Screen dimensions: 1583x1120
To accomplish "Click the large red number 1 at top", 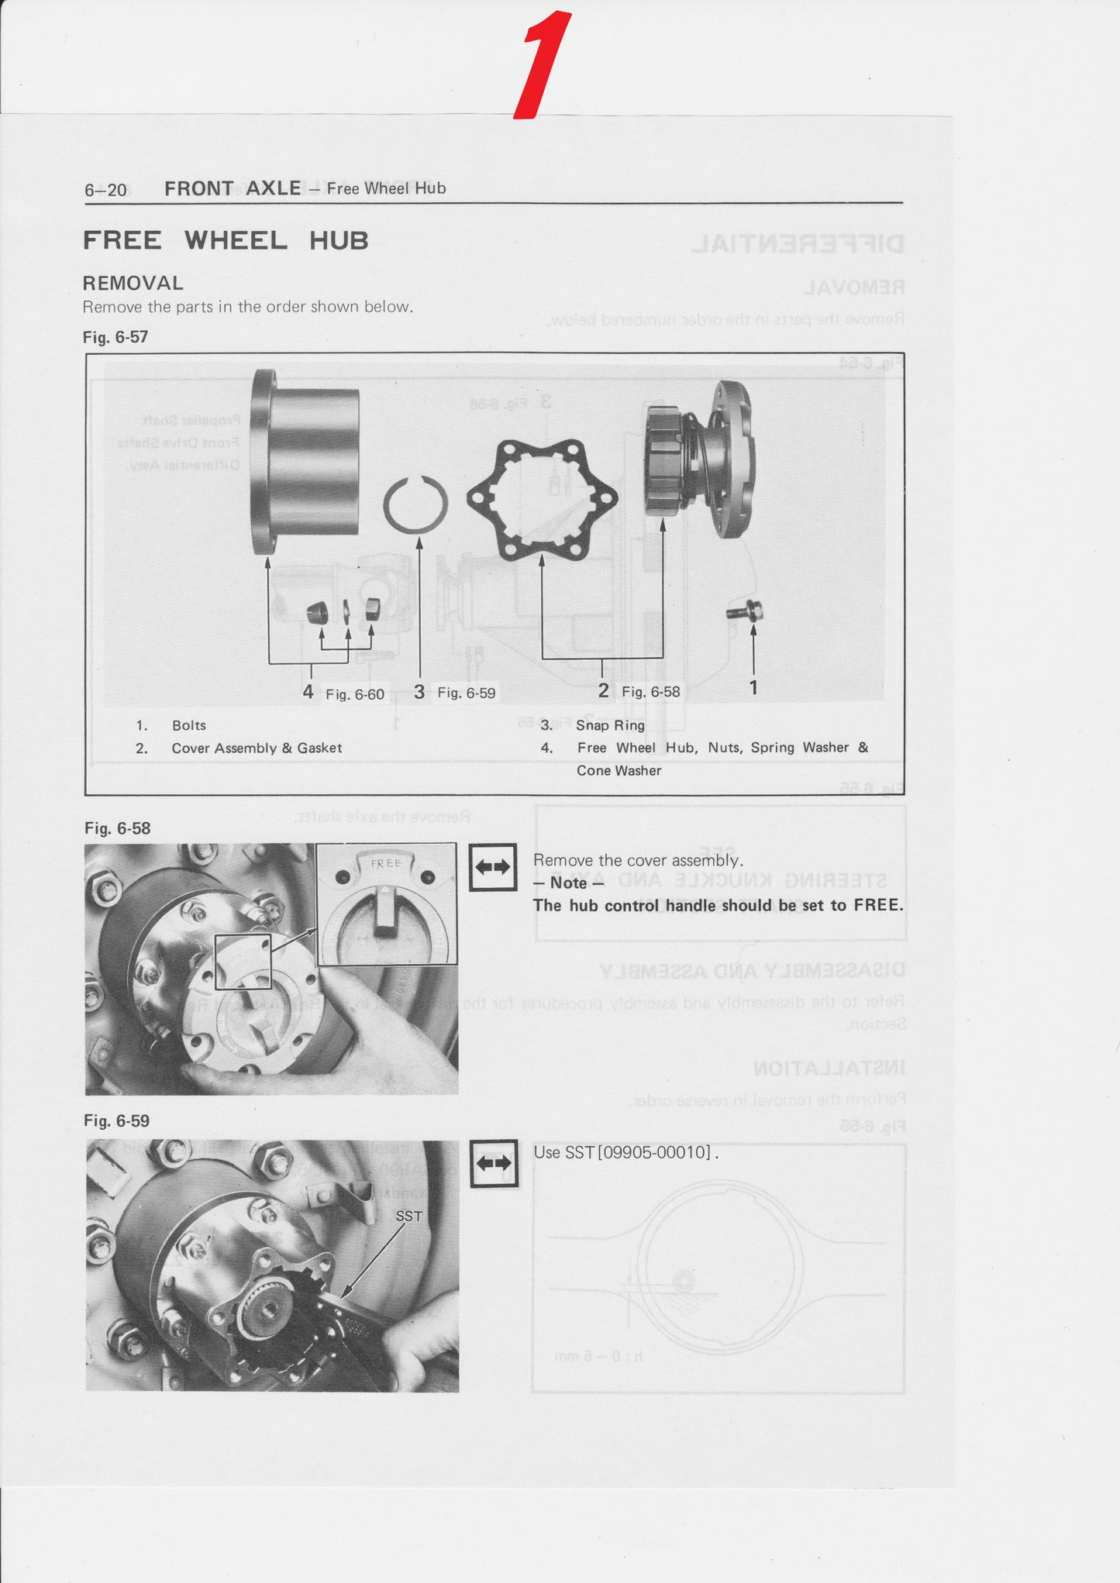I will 543,66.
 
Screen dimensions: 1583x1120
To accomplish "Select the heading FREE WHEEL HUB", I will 226,241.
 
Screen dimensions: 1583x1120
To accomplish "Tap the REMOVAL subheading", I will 133,284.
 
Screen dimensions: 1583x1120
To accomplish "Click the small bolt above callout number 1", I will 745,611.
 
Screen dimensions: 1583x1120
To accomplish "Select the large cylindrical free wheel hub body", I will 305,463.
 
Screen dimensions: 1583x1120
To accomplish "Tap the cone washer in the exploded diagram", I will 317,613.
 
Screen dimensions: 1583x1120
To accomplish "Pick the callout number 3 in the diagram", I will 419,692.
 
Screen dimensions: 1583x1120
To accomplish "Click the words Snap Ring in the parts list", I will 610,725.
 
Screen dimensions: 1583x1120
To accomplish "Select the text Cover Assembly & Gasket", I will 257,748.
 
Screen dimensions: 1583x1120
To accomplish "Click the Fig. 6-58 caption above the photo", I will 117,828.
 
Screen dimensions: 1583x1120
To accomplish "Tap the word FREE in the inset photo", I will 386,863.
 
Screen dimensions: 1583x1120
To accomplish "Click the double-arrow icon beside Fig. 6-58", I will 493,867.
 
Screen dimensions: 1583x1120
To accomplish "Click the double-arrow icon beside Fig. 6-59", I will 494,1164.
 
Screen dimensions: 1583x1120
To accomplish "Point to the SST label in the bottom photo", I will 408,1217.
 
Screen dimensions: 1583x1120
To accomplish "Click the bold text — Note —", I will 568,883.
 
